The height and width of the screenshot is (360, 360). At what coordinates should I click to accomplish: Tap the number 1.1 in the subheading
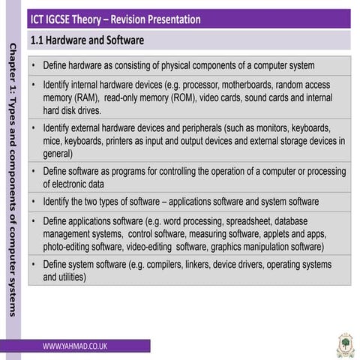pos(37,40)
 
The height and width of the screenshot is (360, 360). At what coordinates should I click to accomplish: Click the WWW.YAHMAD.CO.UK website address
pos(75,346)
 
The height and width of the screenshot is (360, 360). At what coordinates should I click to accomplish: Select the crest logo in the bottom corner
pos(346,346)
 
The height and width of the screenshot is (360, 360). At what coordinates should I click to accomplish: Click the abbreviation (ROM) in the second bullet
pos(184,97)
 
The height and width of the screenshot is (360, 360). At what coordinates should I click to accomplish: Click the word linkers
pos(197,265)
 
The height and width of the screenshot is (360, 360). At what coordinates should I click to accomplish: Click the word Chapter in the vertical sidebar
pos(13,62)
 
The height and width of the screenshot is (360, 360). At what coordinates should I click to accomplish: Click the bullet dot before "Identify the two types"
pos(34,201)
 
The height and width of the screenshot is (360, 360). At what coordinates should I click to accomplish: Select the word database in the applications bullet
pos(291,221)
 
